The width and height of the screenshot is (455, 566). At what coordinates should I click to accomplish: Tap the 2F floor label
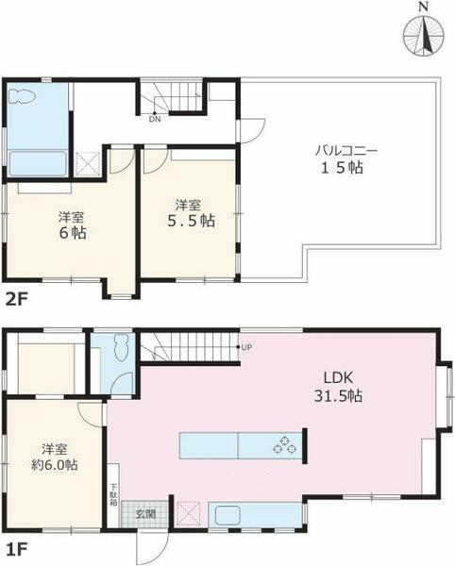click(x=17, y=299)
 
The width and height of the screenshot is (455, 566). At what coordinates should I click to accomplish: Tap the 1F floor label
click(x=16, y=550)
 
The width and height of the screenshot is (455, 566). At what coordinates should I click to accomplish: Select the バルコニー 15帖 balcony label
click(x=342, y=158)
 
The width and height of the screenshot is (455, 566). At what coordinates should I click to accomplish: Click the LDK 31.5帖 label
click(x=338, y=387)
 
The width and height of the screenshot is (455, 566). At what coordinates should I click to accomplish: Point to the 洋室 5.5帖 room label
click(x=191, y=213)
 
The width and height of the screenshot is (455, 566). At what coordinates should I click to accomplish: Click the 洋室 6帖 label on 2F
click(x=73, y=225)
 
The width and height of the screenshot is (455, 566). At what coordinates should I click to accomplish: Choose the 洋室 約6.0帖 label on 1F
click(x=55, y=457)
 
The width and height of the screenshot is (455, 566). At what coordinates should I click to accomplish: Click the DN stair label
click(x=155, y=120)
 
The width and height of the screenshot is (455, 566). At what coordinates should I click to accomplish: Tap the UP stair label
click(x=246, y=347)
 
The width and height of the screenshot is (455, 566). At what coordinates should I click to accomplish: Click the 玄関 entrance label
click(x=145, y=514)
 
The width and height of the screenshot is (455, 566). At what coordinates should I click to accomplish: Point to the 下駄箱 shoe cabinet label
click(x=113, y=493)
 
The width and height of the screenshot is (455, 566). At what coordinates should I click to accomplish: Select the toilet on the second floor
click(x=22, y=96)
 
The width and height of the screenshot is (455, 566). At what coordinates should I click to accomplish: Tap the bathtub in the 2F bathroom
click(x=38, y=163)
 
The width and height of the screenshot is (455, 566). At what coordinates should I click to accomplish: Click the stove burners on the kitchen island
click(x=284, y=445)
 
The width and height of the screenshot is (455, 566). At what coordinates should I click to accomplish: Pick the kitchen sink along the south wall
click(x=227, y=515)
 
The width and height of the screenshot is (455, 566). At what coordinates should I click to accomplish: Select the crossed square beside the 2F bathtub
click(x=88, y=164)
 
